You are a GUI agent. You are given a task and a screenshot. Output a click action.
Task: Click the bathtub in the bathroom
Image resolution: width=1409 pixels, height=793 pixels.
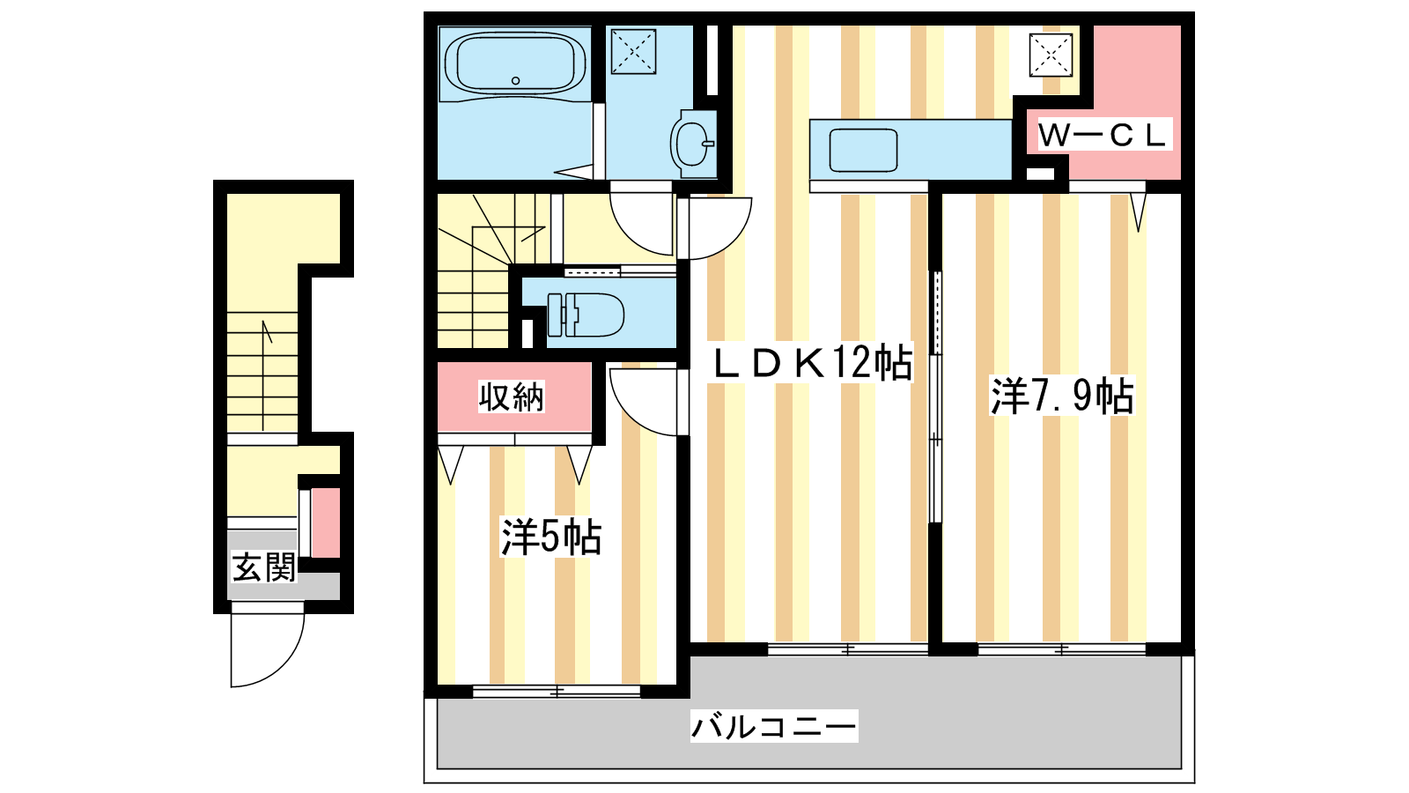tap(515, 63)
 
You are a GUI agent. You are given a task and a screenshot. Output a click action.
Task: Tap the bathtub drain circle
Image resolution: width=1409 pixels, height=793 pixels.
tap(516, 80)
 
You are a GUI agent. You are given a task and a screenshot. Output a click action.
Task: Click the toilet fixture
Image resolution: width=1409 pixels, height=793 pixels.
tap(586, 315)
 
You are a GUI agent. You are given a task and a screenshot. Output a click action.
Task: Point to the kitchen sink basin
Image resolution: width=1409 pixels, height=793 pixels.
tap(863, 150)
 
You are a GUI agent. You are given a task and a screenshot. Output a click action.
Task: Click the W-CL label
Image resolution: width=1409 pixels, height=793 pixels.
tap(1102, 136)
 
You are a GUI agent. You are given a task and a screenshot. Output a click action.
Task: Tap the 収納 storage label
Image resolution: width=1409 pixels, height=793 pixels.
tap(511, 396)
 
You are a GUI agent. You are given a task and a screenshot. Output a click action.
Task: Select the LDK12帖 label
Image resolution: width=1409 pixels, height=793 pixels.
tap(811, 362)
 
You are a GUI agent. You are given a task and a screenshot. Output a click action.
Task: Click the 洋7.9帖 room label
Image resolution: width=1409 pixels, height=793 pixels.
tap(1062, 396)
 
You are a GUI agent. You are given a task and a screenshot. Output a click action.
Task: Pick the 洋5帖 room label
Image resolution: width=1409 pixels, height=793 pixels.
tap(551, 537)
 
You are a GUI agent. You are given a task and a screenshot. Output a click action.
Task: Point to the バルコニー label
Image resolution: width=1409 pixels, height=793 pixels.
tap(774, 726)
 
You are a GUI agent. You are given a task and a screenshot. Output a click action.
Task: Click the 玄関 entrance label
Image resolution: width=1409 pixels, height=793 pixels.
tap(263, 567)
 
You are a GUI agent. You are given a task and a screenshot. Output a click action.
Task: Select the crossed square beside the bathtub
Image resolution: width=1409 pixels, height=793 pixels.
tap(633, 51)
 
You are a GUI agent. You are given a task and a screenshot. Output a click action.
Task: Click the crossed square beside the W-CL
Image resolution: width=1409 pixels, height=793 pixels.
tap(1051, 56)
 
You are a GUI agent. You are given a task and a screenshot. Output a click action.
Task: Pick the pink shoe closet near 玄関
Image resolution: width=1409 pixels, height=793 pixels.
tap(326, 523)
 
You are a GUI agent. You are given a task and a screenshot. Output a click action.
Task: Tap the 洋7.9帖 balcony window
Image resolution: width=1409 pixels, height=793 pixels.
tap(1062, 648)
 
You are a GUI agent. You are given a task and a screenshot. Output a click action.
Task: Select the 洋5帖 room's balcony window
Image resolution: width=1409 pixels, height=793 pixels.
tap(557, 692)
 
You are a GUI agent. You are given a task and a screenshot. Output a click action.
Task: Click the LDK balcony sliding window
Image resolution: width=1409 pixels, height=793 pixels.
tap(848, 648)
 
